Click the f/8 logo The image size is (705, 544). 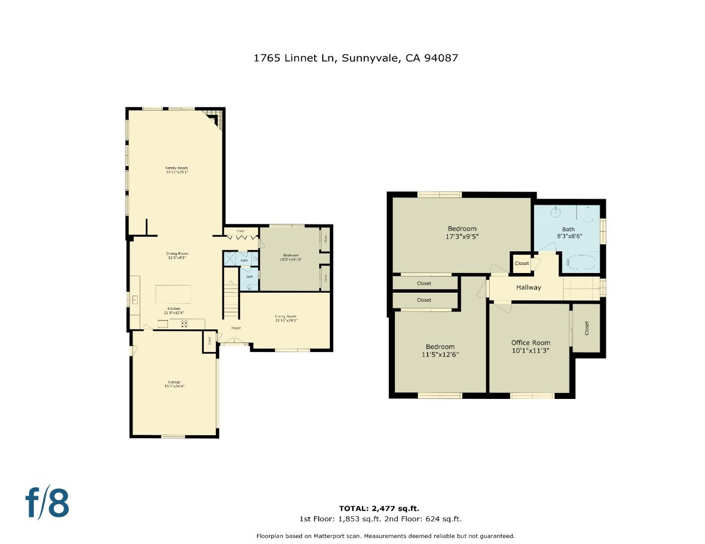(47, 502)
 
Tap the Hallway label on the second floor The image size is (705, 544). (528, 288)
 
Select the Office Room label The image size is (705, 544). (531, 343)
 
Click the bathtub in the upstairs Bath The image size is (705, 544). (581, 262)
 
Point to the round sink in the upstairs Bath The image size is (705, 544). (555, 213)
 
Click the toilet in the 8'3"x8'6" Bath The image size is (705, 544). (588, 216)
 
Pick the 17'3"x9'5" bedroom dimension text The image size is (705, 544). (462, 236)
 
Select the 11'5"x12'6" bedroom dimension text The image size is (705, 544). (440, 354)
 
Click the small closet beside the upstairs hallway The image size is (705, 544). (522, 263)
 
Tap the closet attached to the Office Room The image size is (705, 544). (586, 328)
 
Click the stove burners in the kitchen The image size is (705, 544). (184, 324)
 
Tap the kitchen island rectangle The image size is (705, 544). (173, 294)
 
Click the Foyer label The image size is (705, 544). (236, 328)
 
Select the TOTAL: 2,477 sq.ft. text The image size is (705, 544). (379, 508)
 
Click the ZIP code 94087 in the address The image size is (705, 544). (441, 58)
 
